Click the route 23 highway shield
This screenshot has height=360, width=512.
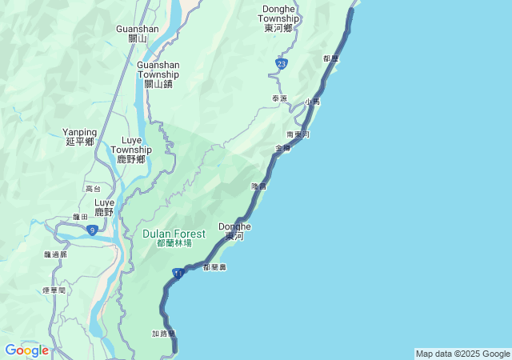pyautogui.click(x=281, y=62)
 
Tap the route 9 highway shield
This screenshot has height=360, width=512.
pyautogui.click(x=93, y=230)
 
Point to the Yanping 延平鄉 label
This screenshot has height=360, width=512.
pyautogui.click(x=80, y=137)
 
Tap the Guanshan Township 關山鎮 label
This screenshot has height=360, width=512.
pyautogui.click(x=158, y=74)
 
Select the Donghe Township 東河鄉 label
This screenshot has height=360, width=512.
pyautogui.click(x=280, y=18)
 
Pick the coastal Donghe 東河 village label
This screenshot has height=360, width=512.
pyautogui.click(x=235, y=231)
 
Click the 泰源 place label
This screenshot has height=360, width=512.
pyautogui.click(x=279, y=98)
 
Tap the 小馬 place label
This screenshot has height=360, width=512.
pyautogui.click(x=312, y=102)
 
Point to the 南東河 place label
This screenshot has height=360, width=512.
pyautogui.click(x=298, y=134)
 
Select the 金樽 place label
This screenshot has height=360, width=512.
pyautogui.click(x=282, y=148)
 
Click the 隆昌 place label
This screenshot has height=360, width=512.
pyautogui.click(x=258, y=186)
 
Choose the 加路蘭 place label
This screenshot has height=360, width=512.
pyautogui.click(x=163, y=333)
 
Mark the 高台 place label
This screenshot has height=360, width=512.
pyautogui.click(x=93, y=189)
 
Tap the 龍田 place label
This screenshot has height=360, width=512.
pyautogui.click(x=80, y=217)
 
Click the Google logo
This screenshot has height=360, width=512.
pyautogui.click(x=26, y=350)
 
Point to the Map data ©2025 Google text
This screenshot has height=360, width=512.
pyautogui.click(x=462, y=354)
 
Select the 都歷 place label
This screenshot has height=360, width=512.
pyautogui.click(x=331, y=58)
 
